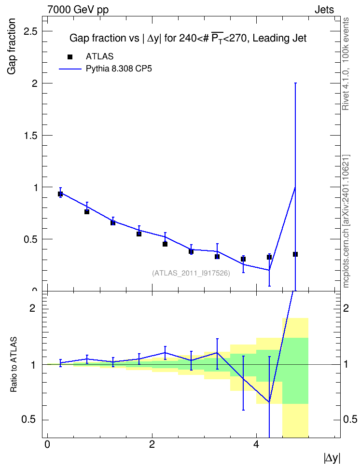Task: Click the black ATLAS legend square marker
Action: tap(70, 57)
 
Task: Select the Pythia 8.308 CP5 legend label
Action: tap(119, 69)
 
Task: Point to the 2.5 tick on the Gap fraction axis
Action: tap(30, 31)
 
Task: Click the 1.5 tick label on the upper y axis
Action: tap(30, 136)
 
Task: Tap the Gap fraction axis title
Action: tap(12, 46)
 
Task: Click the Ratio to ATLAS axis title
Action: tap(14, 365)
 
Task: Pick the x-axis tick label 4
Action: tap(256, 444)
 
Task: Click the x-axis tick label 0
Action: tap(47, 444)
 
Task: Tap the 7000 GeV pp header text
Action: tap(78, 10)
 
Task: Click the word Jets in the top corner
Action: tap(324, 10)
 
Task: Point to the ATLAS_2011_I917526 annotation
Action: tap(191, 273)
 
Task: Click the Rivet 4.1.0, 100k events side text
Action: tap(346, 64)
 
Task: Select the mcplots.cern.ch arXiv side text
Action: tap(346, 221)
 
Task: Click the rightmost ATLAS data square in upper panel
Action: tap(295, 254)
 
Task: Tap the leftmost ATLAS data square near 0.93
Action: tap(60, 194)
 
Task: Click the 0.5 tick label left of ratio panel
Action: tap(28, 420)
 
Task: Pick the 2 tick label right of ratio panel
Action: tap(346, 308)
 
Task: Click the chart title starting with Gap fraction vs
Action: tap(188, 38)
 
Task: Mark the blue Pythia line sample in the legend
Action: tap(70, 69)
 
